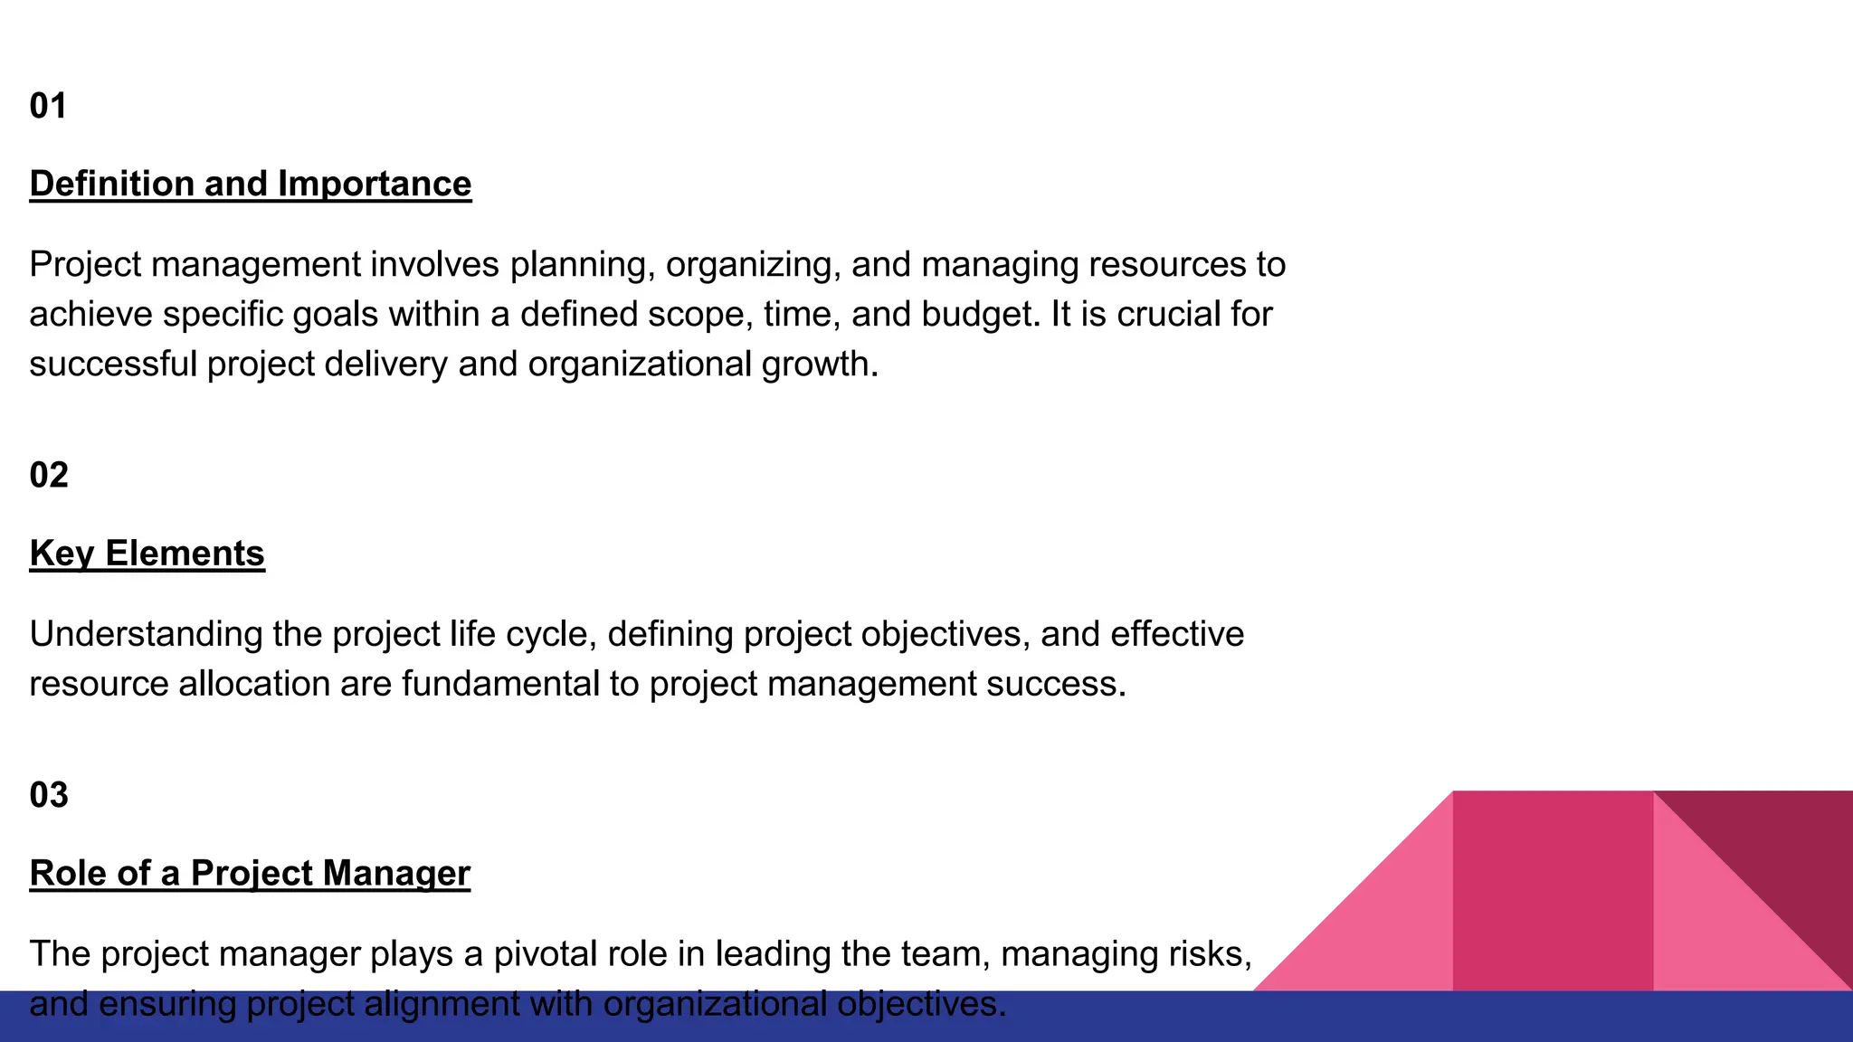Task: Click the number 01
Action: (x=48, y=106)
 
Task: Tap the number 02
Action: (x=49, y=475)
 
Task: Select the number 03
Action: (x=49, y=795)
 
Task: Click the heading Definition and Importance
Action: (x=251, y=184)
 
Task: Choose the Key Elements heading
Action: (x=147, y=554)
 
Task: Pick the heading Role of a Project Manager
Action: (x=250, y=873)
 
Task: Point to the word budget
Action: (x=980, y=315)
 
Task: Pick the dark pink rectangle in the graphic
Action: (x=1553, y=891)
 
